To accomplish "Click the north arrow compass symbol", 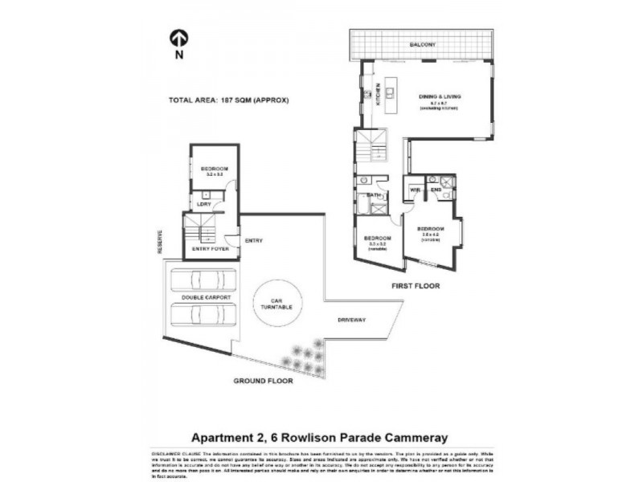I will click(x=178, y=38).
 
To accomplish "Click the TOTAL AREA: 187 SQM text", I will click(x=228, y=100).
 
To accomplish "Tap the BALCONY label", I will click(x=422, y=44).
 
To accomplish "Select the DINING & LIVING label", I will click(x=440, y=96).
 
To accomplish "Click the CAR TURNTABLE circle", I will click(x=276, y=304).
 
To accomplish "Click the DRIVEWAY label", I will click(x=351, y=320).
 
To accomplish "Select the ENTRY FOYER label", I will click(x=211, y=250).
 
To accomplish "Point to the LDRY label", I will click(x=203, y=203).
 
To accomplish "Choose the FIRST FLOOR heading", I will click(x=415, y=285).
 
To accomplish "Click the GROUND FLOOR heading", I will click(x=263, y=381).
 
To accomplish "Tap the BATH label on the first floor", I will click(x=373, y=194).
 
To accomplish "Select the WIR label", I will click(x=416, y=190).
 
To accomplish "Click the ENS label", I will click(x=435, y=190).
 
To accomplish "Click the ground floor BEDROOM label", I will click(x=214, y=169).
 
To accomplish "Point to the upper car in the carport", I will click(x=204, y=280).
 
